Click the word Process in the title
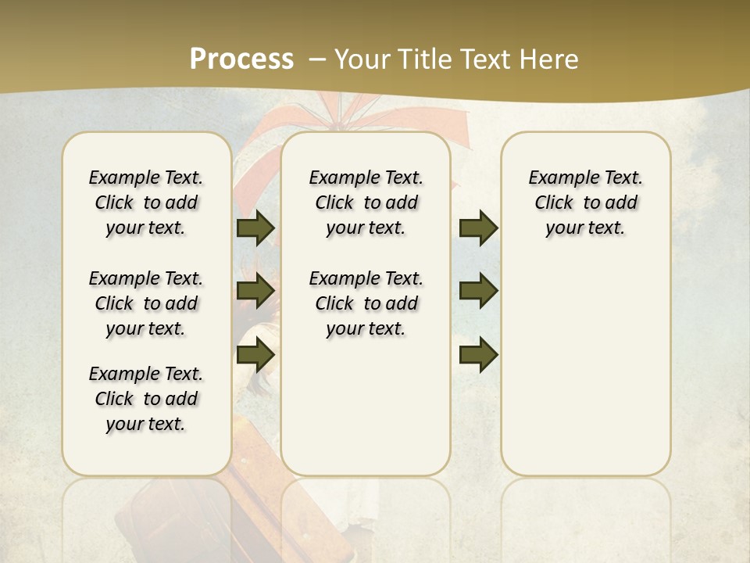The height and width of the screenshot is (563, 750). tap(241, 59)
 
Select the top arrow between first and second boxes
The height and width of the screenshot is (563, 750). tap(255, 228)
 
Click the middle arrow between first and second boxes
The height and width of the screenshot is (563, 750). tap(255, 291)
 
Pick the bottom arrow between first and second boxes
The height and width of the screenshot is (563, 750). tap(255, 354)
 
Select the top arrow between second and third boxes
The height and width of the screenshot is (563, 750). tap(479, 228)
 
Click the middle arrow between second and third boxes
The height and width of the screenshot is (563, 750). tap(479, 291)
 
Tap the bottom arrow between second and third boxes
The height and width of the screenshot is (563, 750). tap(479, 354)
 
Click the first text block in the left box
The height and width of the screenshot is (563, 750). tap(146, 203)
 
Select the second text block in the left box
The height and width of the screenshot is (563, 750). tap(146, 303)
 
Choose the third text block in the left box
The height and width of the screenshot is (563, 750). tap(146, 399)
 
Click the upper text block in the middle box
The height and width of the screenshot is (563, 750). tap(366, 203)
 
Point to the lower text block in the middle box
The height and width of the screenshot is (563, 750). tap(366, 303)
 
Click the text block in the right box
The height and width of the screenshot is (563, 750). tap(585, 203)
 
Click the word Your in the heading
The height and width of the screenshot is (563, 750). tap(358, 59)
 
